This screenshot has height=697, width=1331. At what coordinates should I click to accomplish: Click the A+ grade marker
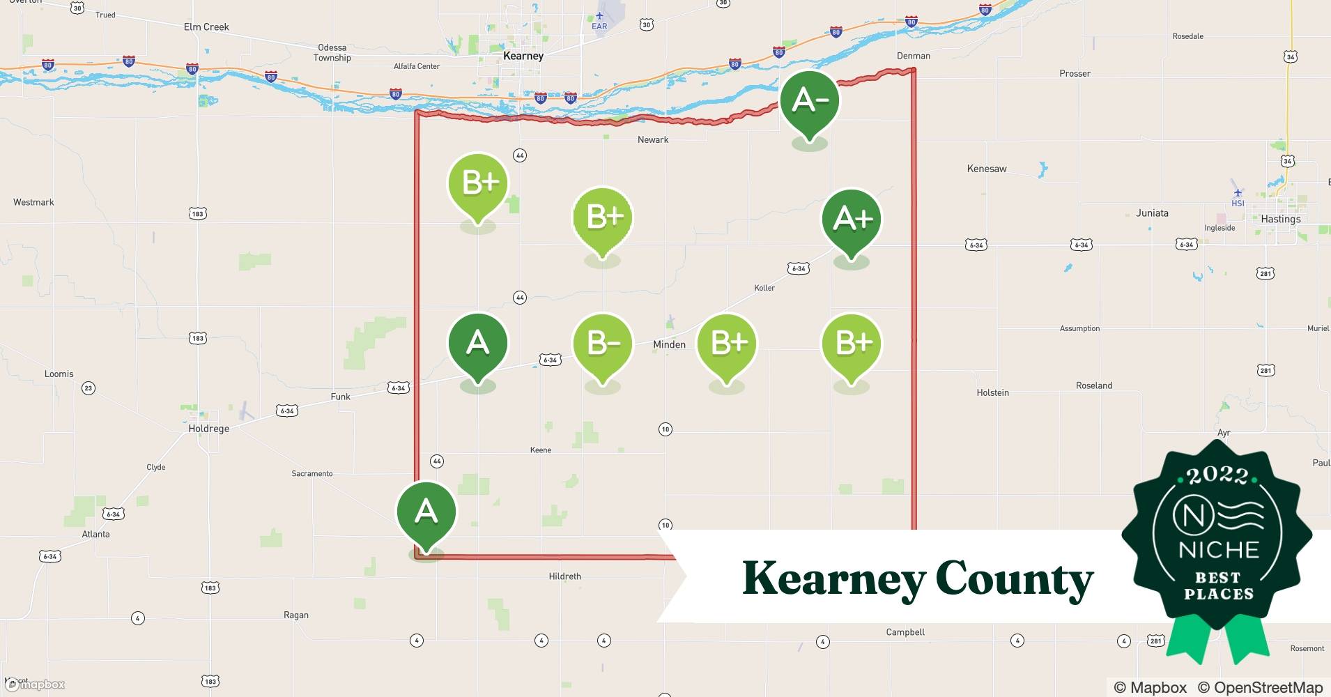852,220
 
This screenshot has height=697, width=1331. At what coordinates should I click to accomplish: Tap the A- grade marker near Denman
809,101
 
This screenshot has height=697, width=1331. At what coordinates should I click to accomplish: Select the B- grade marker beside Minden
602,344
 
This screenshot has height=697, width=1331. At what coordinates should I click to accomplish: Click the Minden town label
669,344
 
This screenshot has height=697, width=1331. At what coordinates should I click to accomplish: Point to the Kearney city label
523,56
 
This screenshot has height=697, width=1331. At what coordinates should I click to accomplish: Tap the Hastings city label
1280,219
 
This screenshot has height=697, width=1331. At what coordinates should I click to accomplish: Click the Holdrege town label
208,429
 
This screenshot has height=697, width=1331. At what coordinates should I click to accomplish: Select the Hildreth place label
564,576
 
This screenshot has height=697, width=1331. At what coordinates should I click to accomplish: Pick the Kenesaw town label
986,169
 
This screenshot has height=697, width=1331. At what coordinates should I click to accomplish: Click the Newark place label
652,140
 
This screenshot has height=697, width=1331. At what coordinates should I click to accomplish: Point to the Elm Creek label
206,27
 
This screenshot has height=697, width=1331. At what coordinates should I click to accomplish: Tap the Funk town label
340,397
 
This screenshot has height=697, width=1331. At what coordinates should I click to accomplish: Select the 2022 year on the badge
1217,476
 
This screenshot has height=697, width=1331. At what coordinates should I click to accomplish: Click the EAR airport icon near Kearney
599,15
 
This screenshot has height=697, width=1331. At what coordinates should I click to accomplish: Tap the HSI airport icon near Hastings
1238,193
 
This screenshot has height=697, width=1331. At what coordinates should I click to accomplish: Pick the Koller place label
764,288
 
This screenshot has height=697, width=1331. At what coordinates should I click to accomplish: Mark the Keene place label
540,450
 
